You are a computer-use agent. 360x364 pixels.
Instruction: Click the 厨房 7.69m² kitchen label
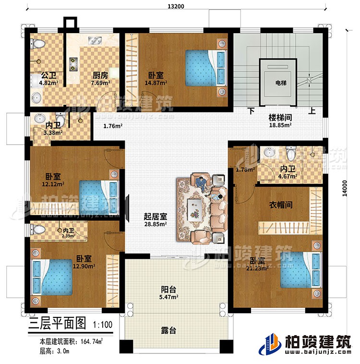click(100, 79)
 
